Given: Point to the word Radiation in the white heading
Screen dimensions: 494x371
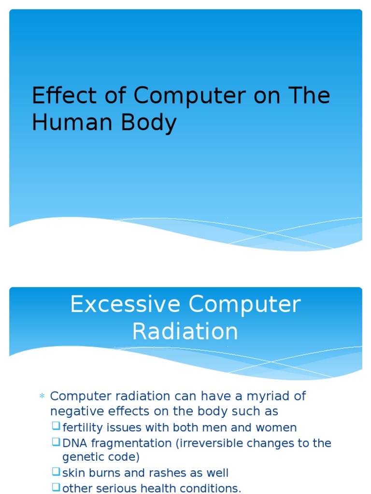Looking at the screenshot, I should click(x=185, y=332).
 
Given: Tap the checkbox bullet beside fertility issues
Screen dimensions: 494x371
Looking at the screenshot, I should click(x=56, y=426).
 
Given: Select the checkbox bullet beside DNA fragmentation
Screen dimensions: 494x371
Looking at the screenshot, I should click(x=56, y=442).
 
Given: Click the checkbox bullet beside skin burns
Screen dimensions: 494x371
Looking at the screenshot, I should click(x=56, y=473).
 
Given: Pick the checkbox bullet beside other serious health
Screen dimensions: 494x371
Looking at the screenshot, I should click(x=56, y=488).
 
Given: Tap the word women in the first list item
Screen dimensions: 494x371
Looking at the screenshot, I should click(x=278, y=427).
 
